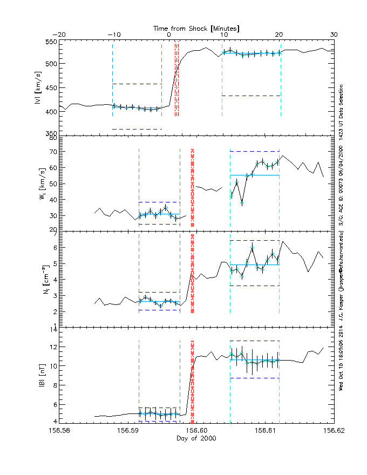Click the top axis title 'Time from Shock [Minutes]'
[196, 28]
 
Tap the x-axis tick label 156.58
[59, 431]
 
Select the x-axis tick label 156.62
[333, 431]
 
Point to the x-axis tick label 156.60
[196, 431]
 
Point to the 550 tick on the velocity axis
[51, 42]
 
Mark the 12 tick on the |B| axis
[53, 347]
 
